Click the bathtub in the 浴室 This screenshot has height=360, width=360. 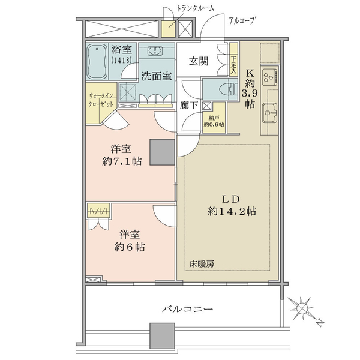97,61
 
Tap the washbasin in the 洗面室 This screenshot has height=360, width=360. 155,51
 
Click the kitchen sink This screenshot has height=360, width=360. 270,113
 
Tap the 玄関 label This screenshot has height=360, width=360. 199,61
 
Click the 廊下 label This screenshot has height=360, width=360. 189,106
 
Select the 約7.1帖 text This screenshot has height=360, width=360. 122,161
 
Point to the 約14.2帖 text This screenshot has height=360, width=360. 232,211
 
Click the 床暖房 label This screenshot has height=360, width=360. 202,264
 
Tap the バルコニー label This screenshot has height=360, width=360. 188,309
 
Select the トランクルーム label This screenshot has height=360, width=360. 195,8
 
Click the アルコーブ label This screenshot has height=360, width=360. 242,21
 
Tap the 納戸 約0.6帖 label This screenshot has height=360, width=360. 214,121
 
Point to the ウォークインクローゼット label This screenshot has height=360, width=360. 101,100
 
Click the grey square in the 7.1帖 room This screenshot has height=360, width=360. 163,152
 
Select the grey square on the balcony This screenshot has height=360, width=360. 163,335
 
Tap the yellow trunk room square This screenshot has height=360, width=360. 168,29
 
